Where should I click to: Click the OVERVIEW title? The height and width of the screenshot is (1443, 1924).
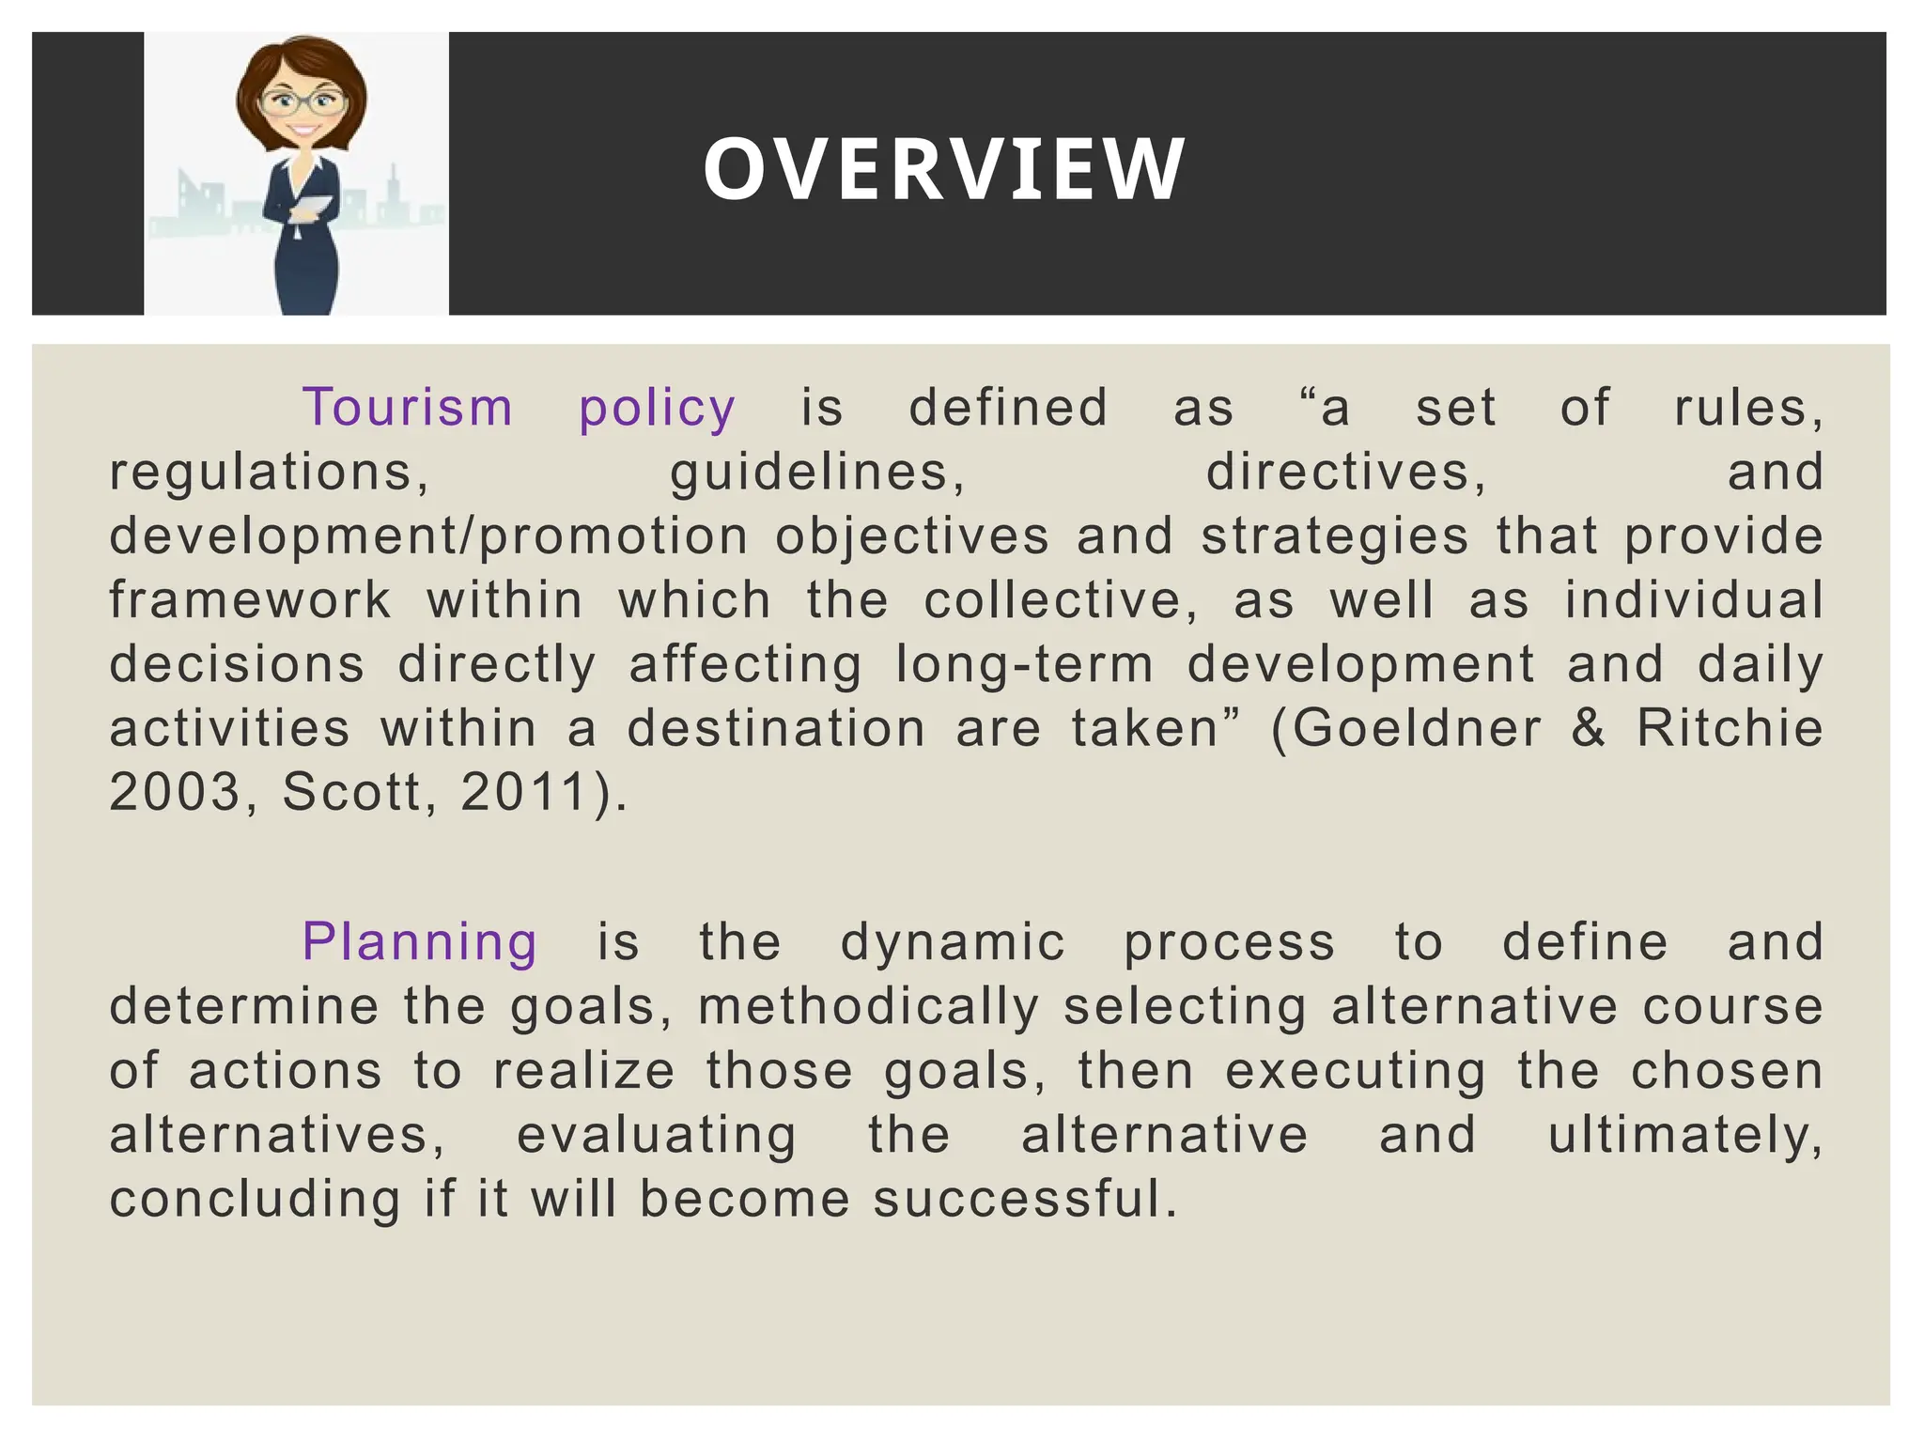point(943,170)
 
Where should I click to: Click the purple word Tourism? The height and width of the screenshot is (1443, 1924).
point(408,409)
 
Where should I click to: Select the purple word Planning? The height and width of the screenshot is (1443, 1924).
point(419,943)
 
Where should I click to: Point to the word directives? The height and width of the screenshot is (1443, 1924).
point(1345,473)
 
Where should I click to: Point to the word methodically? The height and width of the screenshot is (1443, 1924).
point(869,1007)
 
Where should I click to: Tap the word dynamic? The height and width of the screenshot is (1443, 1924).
point(953,943)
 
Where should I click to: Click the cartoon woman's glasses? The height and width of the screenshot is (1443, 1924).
point(301,103)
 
